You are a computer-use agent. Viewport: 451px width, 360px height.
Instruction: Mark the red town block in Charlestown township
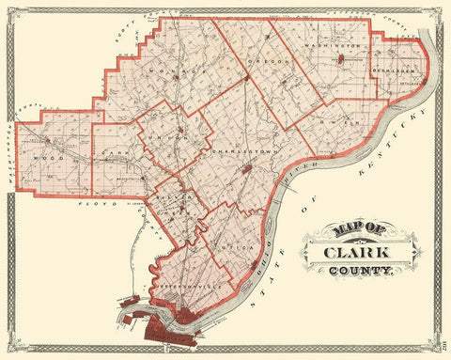[247, 170]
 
